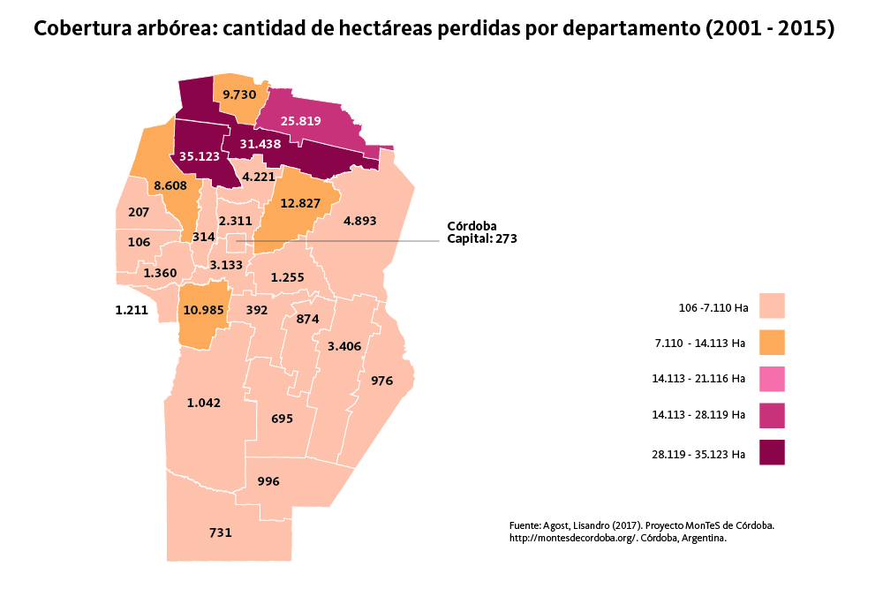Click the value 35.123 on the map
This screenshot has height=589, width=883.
tap(199, 155)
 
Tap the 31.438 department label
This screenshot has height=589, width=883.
tap(260, 144)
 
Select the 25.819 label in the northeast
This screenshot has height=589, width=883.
tap(300, 121)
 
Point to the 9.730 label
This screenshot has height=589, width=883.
tap(239, 94)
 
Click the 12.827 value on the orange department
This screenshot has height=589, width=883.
tap(300, 203)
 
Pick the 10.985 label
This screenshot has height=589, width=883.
tap(203, 310)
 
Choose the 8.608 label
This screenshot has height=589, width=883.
tap(170, 186)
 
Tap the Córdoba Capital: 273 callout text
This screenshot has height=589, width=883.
tap(481, 232)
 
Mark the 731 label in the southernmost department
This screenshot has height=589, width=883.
tap(221, 532)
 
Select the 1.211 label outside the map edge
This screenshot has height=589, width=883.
tap(132, 310)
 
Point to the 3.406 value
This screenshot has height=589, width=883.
tap(344, 346)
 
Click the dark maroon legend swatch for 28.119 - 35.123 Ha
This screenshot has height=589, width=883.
tap(772, 452)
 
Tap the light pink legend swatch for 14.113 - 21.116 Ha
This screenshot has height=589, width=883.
tap(772, 379)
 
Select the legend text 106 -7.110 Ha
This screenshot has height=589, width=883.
tap(708, 308)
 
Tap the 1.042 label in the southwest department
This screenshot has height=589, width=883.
tap(204, 403)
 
